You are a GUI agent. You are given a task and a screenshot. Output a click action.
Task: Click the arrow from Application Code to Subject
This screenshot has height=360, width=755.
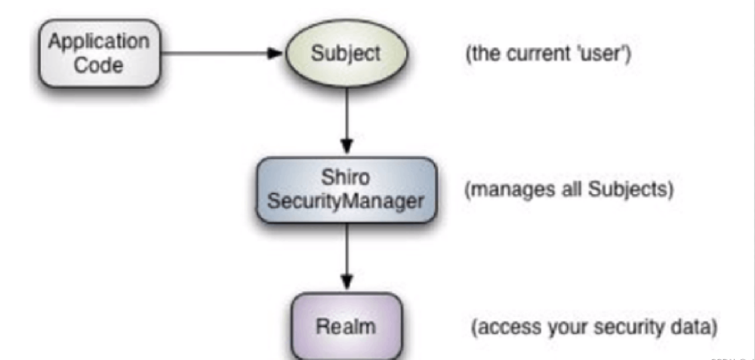coord(219,54)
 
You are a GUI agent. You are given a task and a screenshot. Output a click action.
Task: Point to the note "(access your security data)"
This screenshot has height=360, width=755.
coord(593,328)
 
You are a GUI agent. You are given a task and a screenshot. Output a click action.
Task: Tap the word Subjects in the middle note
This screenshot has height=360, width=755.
coord(634,189)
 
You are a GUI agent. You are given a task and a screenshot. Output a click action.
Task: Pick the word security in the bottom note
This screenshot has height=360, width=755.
coord(619,328)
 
